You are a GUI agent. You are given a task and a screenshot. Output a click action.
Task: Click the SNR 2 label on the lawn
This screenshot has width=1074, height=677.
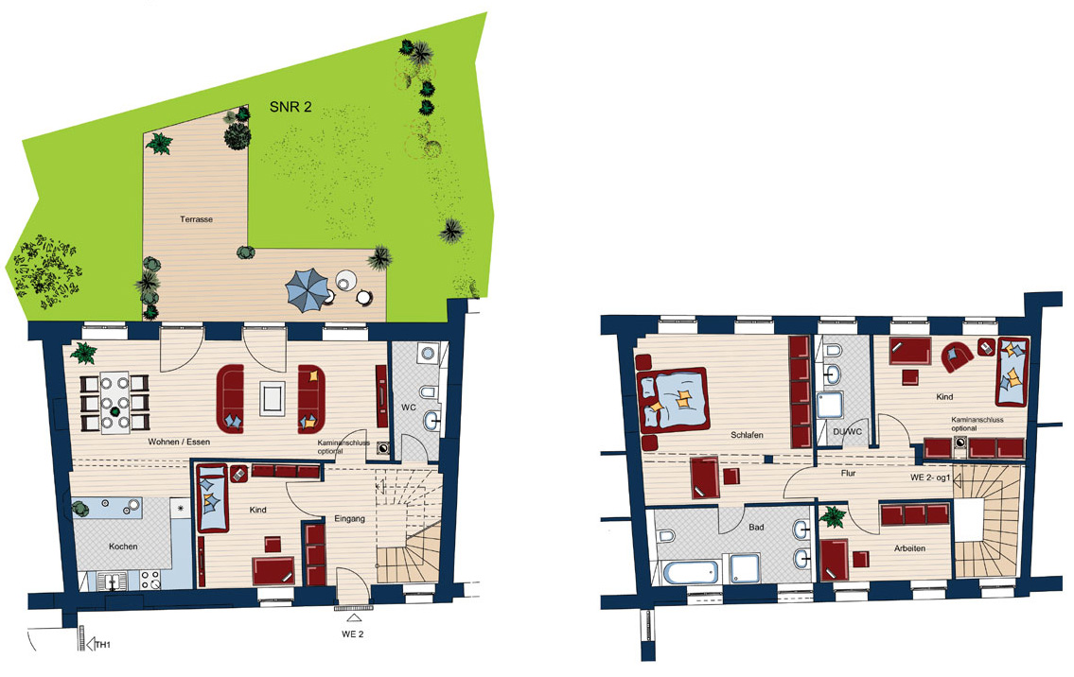(291, 107)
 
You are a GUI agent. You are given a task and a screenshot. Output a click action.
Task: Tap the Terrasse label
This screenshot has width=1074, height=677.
(196, 219)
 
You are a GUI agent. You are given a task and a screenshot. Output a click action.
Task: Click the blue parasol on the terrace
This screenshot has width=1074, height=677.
(308, 288)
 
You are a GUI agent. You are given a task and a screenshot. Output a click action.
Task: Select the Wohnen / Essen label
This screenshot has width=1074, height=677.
(179, 442)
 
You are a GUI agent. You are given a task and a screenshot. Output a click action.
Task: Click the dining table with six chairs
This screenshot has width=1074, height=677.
(115, 403)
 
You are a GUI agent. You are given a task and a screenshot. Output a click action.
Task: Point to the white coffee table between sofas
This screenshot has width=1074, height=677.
(272, 398)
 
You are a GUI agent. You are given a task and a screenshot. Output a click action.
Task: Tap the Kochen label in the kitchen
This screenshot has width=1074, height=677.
(123, 547)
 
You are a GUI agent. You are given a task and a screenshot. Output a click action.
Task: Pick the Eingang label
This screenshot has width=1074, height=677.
(349, 518)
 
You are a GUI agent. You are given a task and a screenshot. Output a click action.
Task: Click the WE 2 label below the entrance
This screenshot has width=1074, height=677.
(353, 634)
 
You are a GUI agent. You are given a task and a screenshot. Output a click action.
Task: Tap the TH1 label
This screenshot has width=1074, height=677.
(102, 645)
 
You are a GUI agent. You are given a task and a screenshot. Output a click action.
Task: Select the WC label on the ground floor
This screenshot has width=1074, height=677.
(408, 408)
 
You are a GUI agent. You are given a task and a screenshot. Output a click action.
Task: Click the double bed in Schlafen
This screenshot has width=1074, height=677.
(674, 400)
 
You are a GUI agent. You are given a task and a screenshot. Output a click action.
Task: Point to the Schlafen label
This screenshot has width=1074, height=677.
(747, 435)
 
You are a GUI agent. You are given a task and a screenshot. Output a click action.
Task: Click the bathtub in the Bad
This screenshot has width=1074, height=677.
(690, 572)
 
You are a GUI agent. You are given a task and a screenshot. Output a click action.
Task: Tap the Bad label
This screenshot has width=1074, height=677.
(756, 527)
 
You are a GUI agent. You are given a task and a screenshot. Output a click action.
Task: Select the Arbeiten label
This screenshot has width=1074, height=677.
(909, 548)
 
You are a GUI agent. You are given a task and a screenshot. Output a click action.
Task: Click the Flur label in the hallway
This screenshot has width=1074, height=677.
(848, 473)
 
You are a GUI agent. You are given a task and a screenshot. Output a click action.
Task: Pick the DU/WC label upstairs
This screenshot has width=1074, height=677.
(847, 432)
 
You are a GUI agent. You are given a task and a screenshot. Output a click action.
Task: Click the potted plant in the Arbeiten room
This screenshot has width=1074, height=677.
(833, 516)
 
